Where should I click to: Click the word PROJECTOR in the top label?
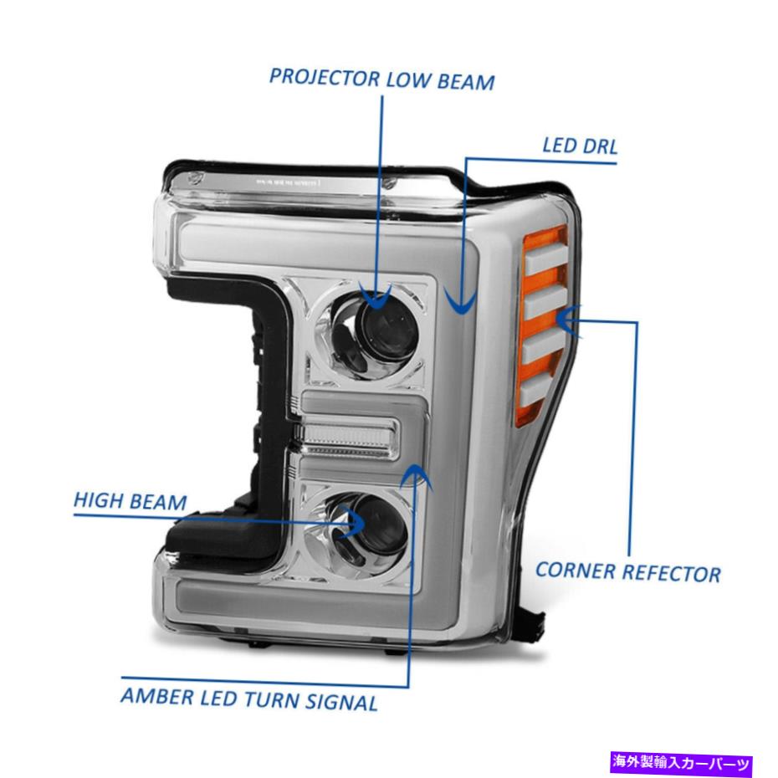(x=325, y=78)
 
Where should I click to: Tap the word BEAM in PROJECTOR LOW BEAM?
(x=466, y=82)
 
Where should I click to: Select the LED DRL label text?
(x=580, y=146)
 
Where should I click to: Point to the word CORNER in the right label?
(x=576, y=571)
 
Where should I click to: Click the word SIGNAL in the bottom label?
(x=341, y=702)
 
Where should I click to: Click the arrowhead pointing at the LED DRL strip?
(x=461, y=302)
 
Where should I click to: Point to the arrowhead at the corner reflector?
(x=568, y=320)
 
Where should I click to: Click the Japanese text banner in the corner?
(x=680, y=762)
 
